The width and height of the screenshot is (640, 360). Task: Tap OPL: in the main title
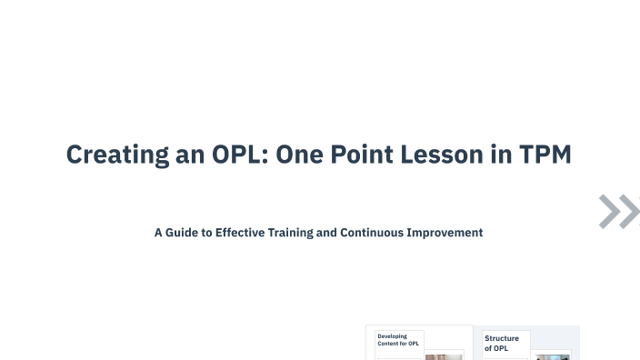pos(236,155)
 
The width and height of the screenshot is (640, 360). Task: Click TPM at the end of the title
pos(546,155)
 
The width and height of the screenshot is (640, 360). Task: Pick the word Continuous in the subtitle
pos(370,233)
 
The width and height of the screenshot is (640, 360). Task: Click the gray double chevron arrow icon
pos(619,211)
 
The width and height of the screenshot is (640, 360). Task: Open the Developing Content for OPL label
pos(399,341)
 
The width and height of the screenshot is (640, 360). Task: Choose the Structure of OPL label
pos(503,344)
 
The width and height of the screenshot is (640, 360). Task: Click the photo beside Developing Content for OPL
pos(444,356)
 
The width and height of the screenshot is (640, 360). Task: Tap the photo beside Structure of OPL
pos(552,356)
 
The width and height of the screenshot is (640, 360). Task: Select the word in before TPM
pos(503,155)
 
